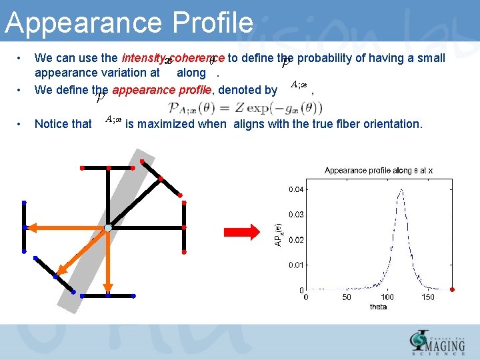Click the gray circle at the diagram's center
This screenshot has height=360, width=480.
click(108, 229)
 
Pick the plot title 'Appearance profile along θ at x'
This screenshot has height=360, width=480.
click(379, 171)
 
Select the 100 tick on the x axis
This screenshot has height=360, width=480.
click(387, 297)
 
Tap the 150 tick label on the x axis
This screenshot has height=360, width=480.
click(428, 297)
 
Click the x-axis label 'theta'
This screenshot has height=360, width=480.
click(378, 307)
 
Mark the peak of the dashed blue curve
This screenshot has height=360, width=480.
click(401, 190)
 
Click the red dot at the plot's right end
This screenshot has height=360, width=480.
click(453, 289)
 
